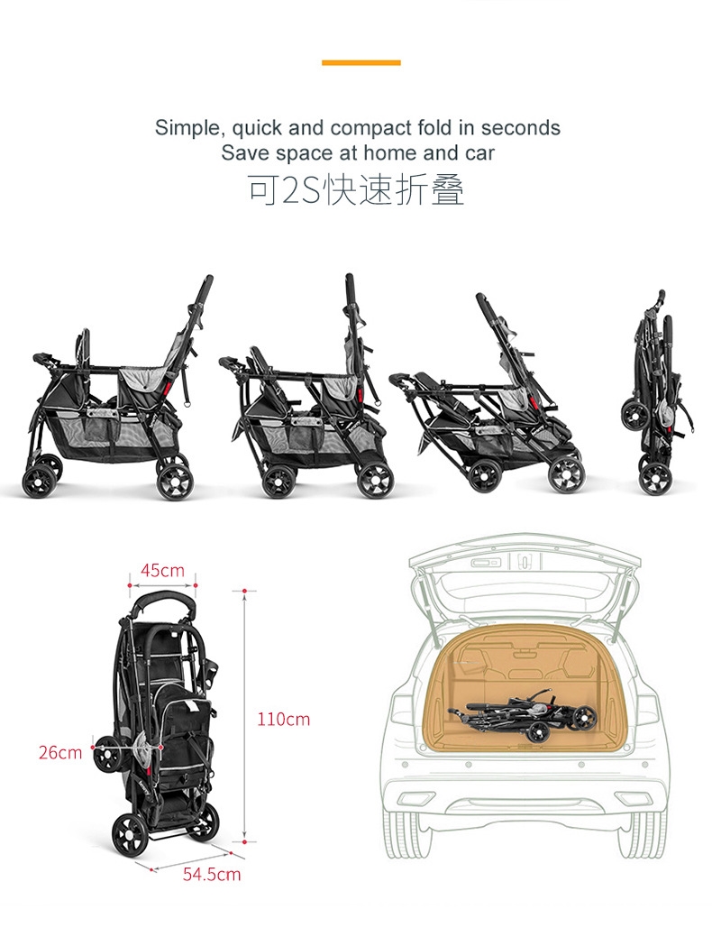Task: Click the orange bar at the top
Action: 361,63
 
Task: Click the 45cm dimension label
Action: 163,570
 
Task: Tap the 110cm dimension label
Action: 283,719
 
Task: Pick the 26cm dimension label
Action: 60,752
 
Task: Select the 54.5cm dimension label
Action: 212,874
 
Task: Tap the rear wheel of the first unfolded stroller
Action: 175,481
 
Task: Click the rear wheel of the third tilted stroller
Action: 567,473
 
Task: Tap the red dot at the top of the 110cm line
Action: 244,591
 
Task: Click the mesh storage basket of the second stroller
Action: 309,436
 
